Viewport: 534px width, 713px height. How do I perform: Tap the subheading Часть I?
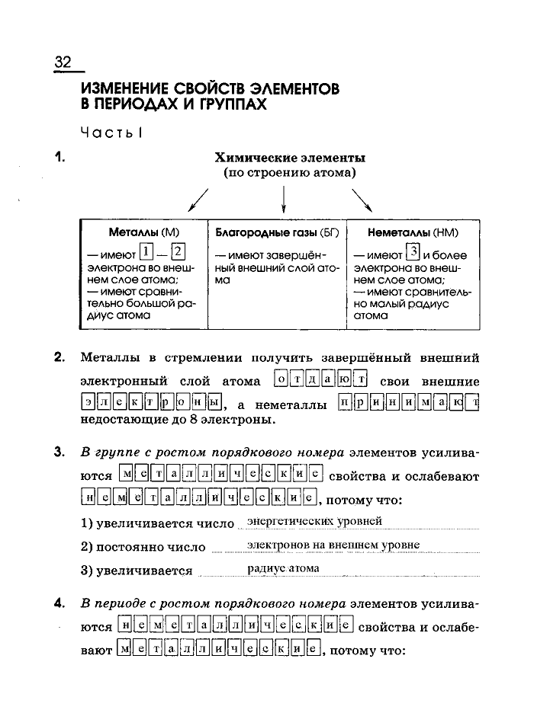click(x=111, y=132)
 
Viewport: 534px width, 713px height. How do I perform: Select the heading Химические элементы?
click(x=290, y=158)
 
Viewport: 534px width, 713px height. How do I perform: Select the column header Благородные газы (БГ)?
click(x=277, y=232)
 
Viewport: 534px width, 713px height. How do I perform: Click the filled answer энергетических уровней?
click(x=314, y=522)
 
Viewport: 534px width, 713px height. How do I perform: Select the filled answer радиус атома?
click(x=284, y=568)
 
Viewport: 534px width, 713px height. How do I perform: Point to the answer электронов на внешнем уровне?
click(x=333, y=545)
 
